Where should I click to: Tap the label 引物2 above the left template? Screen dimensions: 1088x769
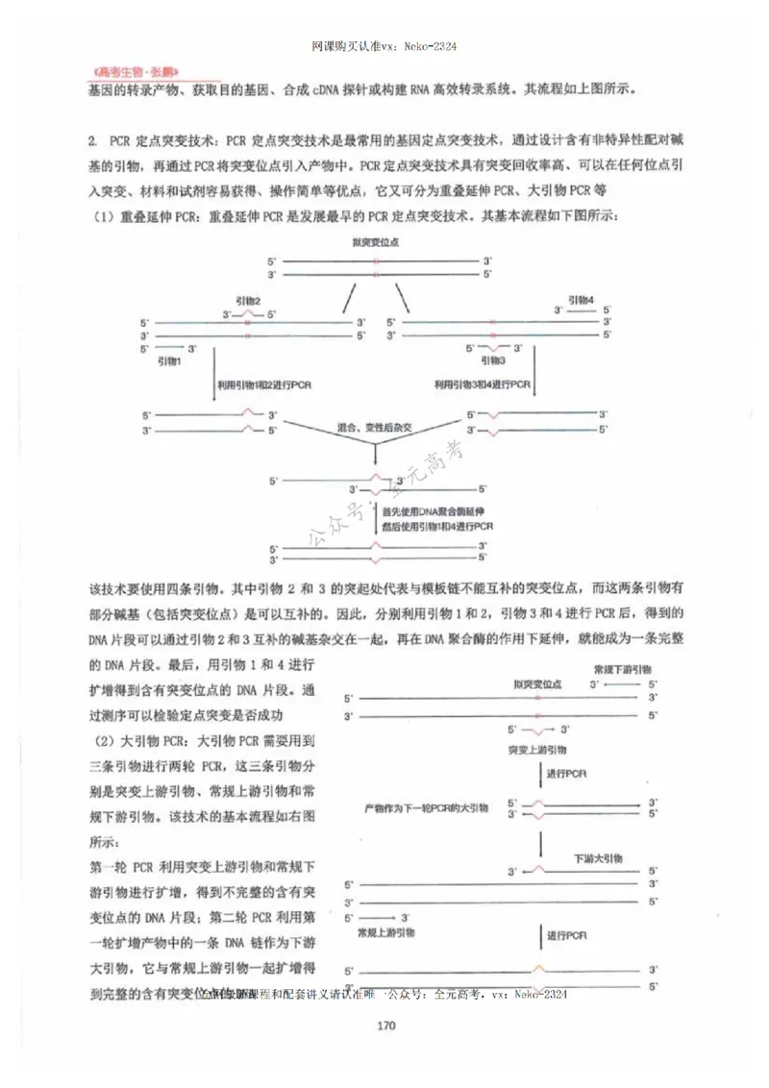pos(248,300)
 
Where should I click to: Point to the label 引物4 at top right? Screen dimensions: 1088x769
pos(579,300)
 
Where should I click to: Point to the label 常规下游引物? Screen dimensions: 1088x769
pos(622,668)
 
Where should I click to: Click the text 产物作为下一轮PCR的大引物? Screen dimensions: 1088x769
pos(426,807)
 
